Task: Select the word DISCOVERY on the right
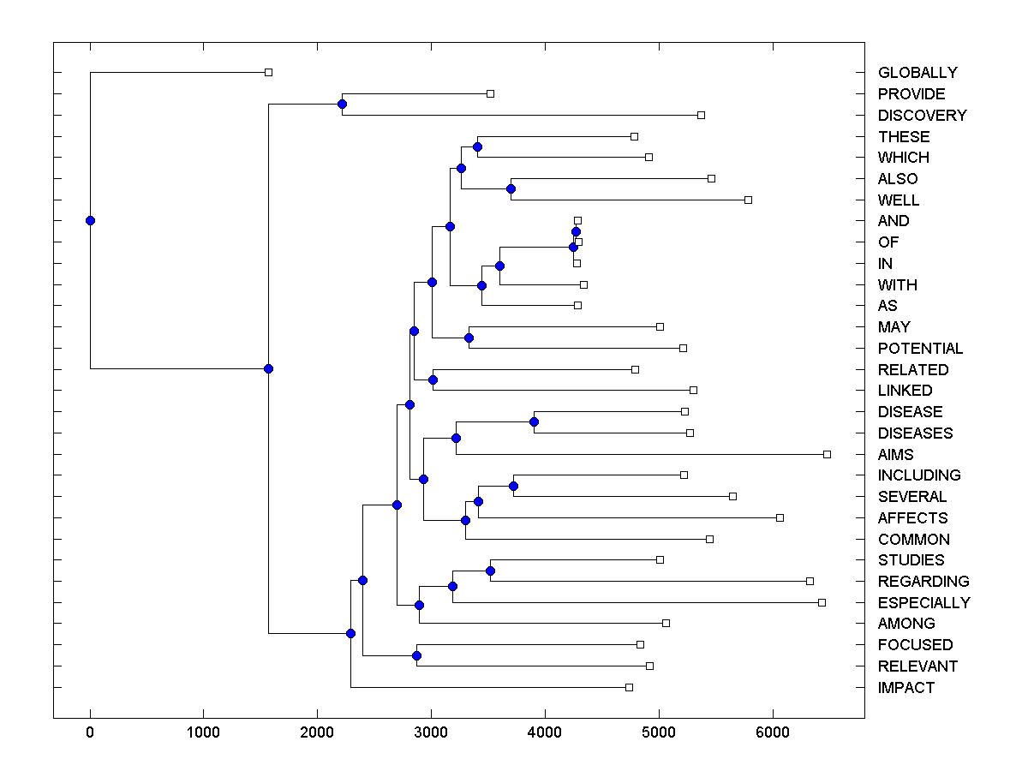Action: coord(922,116)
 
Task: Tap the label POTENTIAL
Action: coord(920,349)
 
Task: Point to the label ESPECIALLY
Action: coord(923,603)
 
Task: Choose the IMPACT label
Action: coord(905,688)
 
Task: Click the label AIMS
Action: coord(895,455)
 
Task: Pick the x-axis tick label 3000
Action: coord(431,732)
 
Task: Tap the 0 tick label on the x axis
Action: coord(90,732)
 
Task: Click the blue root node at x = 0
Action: coord(90,220)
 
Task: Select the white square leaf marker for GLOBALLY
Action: coord(268,72)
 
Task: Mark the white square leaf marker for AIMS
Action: coord(827,454)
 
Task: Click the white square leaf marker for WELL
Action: coord(748,200)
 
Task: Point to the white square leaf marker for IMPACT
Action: coord(629,687)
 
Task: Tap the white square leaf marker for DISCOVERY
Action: coord(701,115)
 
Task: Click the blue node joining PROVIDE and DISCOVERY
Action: coord(342,104)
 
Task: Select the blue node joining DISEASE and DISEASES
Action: coord(534,421)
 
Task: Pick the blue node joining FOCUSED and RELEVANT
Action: coord(416,655)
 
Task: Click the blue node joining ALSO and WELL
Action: coord(511,188)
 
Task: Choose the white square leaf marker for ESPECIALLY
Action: coord(822,602)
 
